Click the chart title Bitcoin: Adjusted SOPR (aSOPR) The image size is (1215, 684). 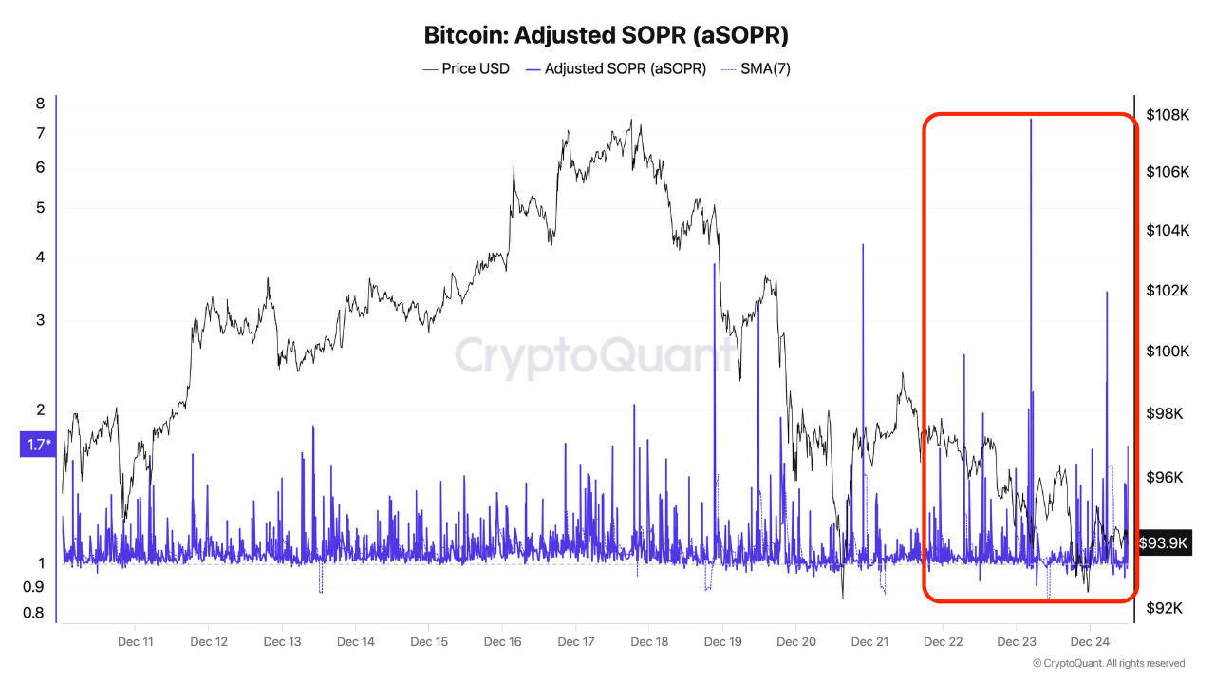pyautogui.click(x=607, y=35)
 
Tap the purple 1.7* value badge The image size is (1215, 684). pyautogui.click(x=37, y=444)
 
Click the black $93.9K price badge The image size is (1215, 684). pyautogui.click(x=1164, y=542)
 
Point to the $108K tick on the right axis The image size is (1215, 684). pyautogui.click(x=1168, y=115)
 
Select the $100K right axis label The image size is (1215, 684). pyautogui.click(x=1168, y=351)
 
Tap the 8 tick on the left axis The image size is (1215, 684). pyautogui.click(x=40, y=104)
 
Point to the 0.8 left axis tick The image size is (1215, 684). pyautogui.click(x=33, y=613)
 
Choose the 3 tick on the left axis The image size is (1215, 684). pyautogui.click(x=40, y=320)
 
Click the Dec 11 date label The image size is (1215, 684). pyautogui.click(x=135, y=641)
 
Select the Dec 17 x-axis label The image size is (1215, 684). pyautogui.click(x=575, y=641)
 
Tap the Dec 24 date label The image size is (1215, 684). pyautogui.click(x=1090, y=641)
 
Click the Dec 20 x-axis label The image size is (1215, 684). pyautogui.click(x=795, y=641)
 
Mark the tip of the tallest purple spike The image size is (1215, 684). pyautogui.click(x=1031, y=119)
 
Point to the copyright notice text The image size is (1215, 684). pyautogui.click(x=1108, y=663)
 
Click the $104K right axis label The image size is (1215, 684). pyautogui.click(x=1168, y=231)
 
